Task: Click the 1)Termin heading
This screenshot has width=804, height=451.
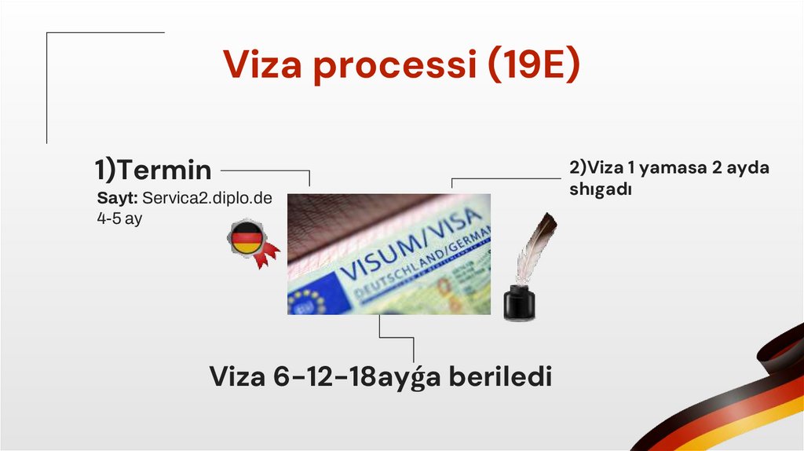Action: pos(153,169)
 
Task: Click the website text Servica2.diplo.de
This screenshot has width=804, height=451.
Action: pos(207,198)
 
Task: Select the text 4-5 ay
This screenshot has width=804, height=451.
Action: pos(119,218)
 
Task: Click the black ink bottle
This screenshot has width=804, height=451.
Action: pos(518,302)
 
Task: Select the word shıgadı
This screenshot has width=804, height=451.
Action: pos(601,190)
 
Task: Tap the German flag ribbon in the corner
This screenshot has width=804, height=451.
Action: pos(730,401)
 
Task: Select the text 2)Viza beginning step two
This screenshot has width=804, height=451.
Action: pos(593,168)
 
